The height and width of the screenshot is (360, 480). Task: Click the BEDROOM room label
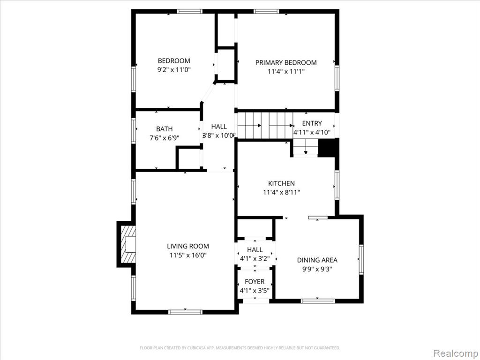[174, 60]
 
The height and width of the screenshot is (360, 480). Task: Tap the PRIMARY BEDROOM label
[286, 62]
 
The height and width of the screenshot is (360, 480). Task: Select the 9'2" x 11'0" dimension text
[174, 70]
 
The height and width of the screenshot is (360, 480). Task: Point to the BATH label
[165, 129]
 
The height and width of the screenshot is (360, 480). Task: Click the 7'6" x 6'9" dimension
[165, 138]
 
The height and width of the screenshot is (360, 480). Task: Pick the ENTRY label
[312, 123]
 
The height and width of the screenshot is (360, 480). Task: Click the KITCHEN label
[281, 183]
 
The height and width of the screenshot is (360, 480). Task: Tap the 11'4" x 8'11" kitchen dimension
[281, 193]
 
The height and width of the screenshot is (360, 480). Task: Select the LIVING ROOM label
[188, 246]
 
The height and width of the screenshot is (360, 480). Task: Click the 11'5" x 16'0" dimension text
[188, 255]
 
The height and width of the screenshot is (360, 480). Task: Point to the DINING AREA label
[317, 260]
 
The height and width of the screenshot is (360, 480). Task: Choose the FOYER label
[255, 282]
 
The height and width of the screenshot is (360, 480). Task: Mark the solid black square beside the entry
[328, 148]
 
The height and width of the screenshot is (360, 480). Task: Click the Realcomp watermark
[456, 353]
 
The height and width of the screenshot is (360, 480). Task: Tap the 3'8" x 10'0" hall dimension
[219, 135]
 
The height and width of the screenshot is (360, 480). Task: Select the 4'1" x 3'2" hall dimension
[255, 259]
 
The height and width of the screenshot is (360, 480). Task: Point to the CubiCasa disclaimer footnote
[240, 348]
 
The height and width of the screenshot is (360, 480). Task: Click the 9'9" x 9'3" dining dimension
[317, 270]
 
